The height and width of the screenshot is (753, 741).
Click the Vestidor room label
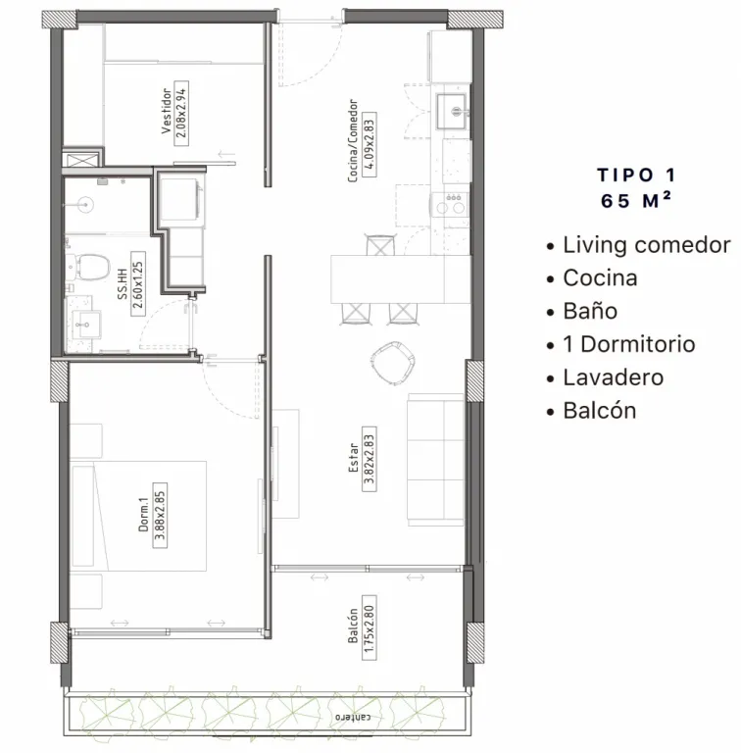coord(166,111)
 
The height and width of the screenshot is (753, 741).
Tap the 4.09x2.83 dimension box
coord(370,144)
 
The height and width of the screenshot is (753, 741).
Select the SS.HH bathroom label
coord(123,284)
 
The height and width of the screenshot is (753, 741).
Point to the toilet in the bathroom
coord(89,268)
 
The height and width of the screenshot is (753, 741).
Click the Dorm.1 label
coord(143,515)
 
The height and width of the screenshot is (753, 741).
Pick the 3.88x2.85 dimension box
coord(160,515)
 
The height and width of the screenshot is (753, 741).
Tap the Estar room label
coord(354,458)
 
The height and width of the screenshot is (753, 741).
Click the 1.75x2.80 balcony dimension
coord(369,627)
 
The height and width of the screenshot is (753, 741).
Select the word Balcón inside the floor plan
coord(353,626)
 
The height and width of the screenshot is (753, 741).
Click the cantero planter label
coord(353,717)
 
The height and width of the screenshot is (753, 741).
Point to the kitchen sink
coord(451,112)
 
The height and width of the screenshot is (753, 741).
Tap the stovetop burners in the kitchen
coord(450,205)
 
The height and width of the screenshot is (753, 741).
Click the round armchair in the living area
coord(394,363)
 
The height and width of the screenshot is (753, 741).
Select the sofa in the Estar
coord(436,460)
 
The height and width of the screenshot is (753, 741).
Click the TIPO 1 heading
coord(636,176)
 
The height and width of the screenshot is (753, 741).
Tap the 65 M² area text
coord(636,201)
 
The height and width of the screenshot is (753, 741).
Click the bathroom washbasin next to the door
coord(86,325)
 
